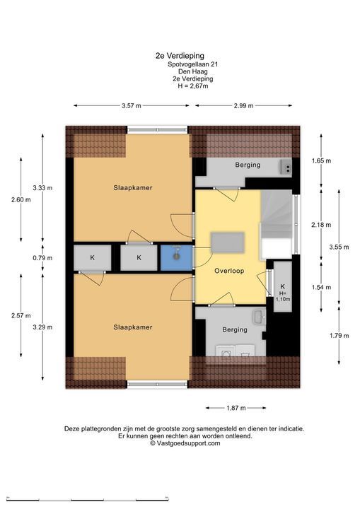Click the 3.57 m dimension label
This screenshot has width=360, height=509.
coord(132,105)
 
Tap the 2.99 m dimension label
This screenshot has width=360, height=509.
coord(243,105)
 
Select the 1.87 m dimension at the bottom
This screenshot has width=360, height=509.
coord(236,408)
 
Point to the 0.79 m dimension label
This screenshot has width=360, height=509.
coord(42,258)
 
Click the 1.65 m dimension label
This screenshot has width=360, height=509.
coord(321,160)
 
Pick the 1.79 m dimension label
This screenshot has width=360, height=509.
coord(339,336)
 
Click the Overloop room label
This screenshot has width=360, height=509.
coord(229,271)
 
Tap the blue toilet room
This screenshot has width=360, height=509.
coord(176,258)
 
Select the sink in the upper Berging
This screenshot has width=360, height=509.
coord(286,168)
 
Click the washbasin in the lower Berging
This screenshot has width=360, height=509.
coord(259,317)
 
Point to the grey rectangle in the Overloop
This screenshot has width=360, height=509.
coord(228,242)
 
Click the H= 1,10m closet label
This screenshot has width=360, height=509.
coord(283,296)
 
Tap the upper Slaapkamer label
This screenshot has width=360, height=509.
coord(132,187)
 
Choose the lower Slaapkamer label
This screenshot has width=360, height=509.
coord(132,327)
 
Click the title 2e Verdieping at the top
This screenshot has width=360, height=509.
coord(180,56)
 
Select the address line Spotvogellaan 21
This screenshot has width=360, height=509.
coord(192,64)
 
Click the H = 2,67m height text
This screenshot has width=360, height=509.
coord(192,86)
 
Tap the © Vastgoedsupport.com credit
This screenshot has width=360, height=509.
coord(185,443)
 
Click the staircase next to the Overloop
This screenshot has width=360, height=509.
coord(277,224)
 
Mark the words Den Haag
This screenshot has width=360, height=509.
coord(192,71)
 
